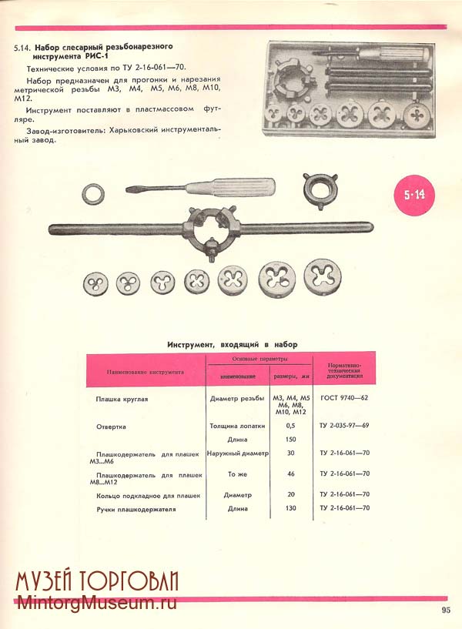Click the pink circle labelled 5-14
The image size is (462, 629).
point(414,195)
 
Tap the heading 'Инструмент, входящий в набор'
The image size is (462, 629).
point(232,344)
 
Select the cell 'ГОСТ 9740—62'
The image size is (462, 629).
point(344,399)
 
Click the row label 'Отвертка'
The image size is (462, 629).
point(111,425)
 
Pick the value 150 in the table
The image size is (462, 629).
point(290,439)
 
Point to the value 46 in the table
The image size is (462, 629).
point(290,473)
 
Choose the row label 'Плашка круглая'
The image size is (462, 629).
point(122,400)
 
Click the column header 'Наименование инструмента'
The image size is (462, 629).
point(140,372)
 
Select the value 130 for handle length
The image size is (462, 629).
point(290,508)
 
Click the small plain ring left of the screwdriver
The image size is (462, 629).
point(94,193)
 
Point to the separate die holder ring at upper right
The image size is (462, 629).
point(320,187)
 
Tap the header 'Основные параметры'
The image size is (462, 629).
point(260,359)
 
